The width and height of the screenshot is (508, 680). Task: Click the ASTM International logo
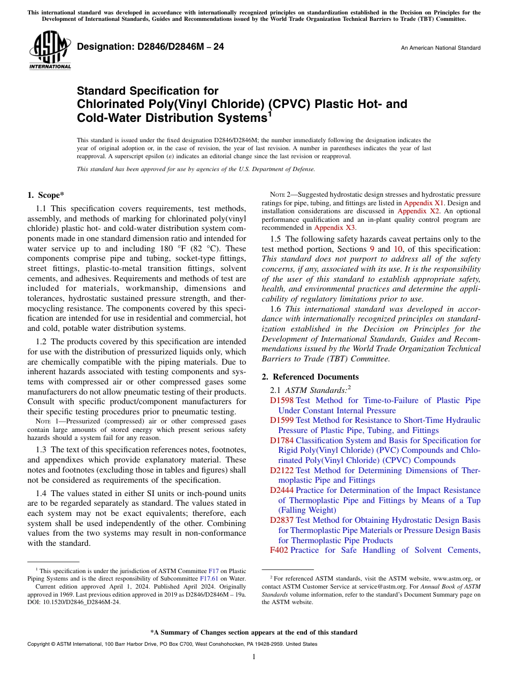pyautogui.click(x=50, y=52)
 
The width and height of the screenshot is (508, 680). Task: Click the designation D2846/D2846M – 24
pyautogui.click(x=150, y=47)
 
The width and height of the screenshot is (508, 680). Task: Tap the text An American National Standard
pyautogui.click(x=440, y=48)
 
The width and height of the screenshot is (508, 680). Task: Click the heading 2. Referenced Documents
pyautogui.click(x=310, y=377)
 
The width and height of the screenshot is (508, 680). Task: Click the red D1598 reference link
pyautogui.click(x=282, y=400)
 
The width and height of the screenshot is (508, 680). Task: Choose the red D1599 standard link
pyautogui.click(x=282, y=420)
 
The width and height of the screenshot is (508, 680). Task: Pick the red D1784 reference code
pyautogui.click(x=282, y=441)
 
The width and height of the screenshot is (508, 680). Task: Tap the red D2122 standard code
pyautogui.click(x=282, y=470)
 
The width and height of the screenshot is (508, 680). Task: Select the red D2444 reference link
pyautogui.click(x=282, y=490)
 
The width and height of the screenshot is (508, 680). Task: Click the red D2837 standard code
pyautogui.click(x=282, y=520)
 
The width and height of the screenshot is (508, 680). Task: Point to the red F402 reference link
pyautogui.click(x=279, y=550)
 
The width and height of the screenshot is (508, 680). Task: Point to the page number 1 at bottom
pyautogui.click(x=254, y=657)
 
